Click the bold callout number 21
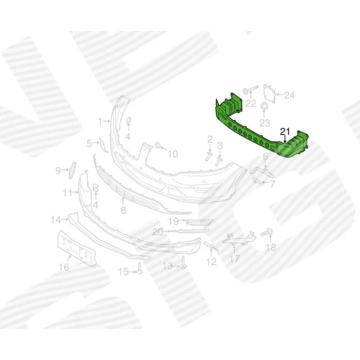coord(285,131)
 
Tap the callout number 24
coord(289,96)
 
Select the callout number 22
coord(251,104)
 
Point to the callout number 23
coord(265,123)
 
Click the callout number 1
coord(100,122)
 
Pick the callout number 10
coord(173,154)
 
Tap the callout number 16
coord(64,266)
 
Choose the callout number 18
coord(271,247)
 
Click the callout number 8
coord(123,210)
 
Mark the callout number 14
coord(56,220)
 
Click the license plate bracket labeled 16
coord(76,248)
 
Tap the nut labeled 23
coord(264,106)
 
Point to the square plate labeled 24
coord(269,94)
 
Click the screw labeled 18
coord(266,232)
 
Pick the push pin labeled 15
coord(140,268)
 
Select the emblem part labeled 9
coord(72,170)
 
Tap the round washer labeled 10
coord(158,145)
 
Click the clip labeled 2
coord(210,156)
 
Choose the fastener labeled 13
coord(184,262)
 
